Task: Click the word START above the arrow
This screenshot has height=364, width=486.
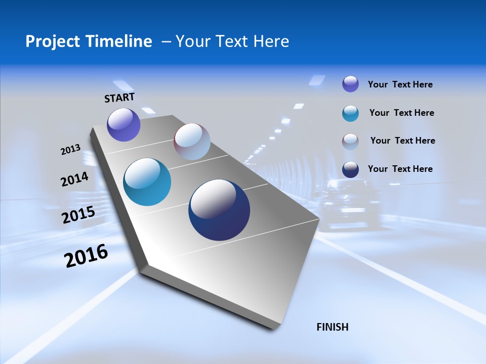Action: pos(119,98)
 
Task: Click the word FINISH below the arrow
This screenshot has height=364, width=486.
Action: pos(332,327)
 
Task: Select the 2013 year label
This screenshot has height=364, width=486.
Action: pos(70,150)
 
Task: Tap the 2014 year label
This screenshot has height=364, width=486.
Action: pos(74,179)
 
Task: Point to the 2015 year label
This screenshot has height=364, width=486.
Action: pos(78,215)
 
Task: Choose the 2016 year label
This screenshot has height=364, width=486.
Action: pos(86,256)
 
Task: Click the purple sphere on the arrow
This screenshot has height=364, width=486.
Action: pos(124,125)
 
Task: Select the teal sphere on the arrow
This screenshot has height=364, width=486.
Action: pos(147,182)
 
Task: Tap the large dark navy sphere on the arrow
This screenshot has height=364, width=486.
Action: pos(219,210)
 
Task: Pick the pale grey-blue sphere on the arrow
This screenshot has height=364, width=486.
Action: pos(192,142)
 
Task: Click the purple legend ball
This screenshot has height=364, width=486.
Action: pos(350,84)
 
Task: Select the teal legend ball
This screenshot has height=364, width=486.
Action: pos(350,113)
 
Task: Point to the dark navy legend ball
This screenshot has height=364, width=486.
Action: pos(350,169)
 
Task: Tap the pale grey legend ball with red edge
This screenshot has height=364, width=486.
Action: pos(350,142)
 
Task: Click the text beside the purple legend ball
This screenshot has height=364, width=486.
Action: pos(400,84)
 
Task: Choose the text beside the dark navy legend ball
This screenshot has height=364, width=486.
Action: pos(400,169)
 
